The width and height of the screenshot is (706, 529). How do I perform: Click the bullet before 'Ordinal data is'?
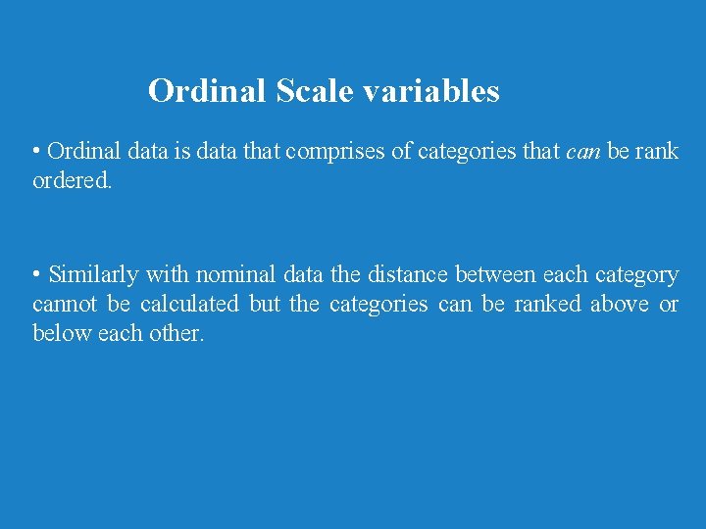36,152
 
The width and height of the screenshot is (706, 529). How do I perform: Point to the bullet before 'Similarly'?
36,274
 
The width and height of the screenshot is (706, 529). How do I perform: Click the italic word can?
584,152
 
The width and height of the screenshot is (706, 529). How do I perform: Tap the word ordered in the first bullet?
71,181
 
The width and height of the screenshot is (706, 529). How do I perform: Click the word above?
619,304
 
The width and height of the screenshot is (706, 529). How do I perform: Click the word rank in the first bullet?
657,152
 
